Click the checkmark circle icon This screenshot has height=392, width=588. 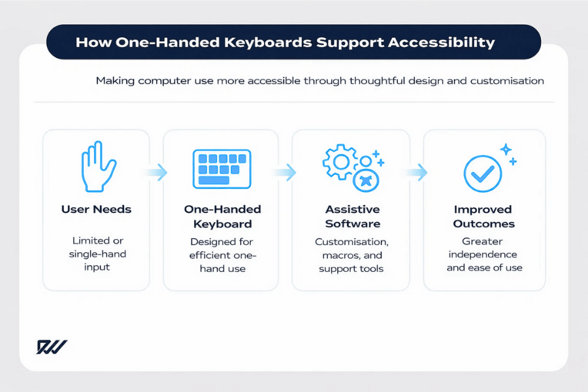pos(482,174)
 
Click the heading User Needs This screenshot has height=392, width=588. pos(96,210)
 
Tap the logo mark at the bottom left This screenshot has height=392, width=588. pos(52,348)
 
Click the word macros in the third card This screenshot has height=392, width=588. pos(338,255)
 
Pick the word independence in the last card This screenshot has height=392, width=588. pos(482,255)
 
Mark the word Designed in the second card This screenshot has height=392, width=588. pos(212,242)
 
